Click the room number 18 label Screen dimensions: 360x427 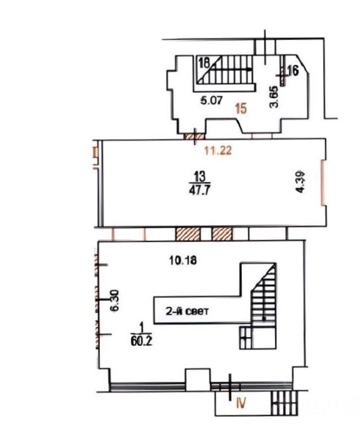click(x=204, y=64)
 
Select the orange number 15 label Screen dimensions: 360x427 click(x=241, y=109)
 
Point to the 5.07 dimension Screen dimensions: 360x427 click(x=211, y=101)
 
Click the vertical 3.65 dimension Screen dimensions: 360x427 click(x=274, y=97)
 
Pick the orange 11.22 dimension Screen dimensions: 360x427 click(x=218, y=150)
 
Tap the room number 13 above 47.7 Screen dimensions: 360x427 click(x=200, y=177)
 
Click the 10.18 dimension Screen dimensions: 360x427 click(x=183, y=260)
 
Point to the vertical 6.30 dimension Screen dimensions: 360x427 click(x=115, y=300)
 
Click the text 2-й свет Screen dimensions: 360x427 click(x=187, y=311)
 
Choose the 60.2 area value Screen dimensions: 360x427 click(x=141, y=341)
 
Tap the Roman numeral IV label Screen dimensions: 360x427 click(x=241, y=403)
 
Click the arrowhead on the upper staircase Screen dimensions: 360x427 click(x=249, y=70)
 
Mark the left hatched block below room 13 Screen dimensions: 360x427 click(x=188, y=234)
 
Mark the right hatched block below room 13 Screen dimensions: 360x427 click(x=222, y=234)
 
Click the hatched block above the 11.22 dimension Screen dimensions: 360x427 click(x=194, y=136)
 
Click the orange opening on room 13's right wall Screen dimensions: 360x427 click(x=323, y=183)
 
